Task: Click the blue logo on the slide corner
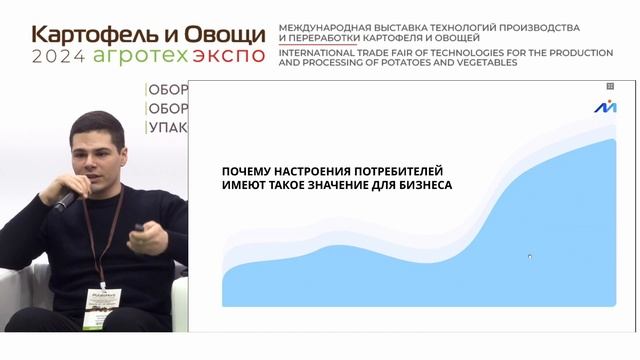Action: (605, 107)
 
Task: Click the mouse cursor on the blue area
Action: (529, 257)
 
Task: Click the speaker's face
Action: (99, 156)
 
